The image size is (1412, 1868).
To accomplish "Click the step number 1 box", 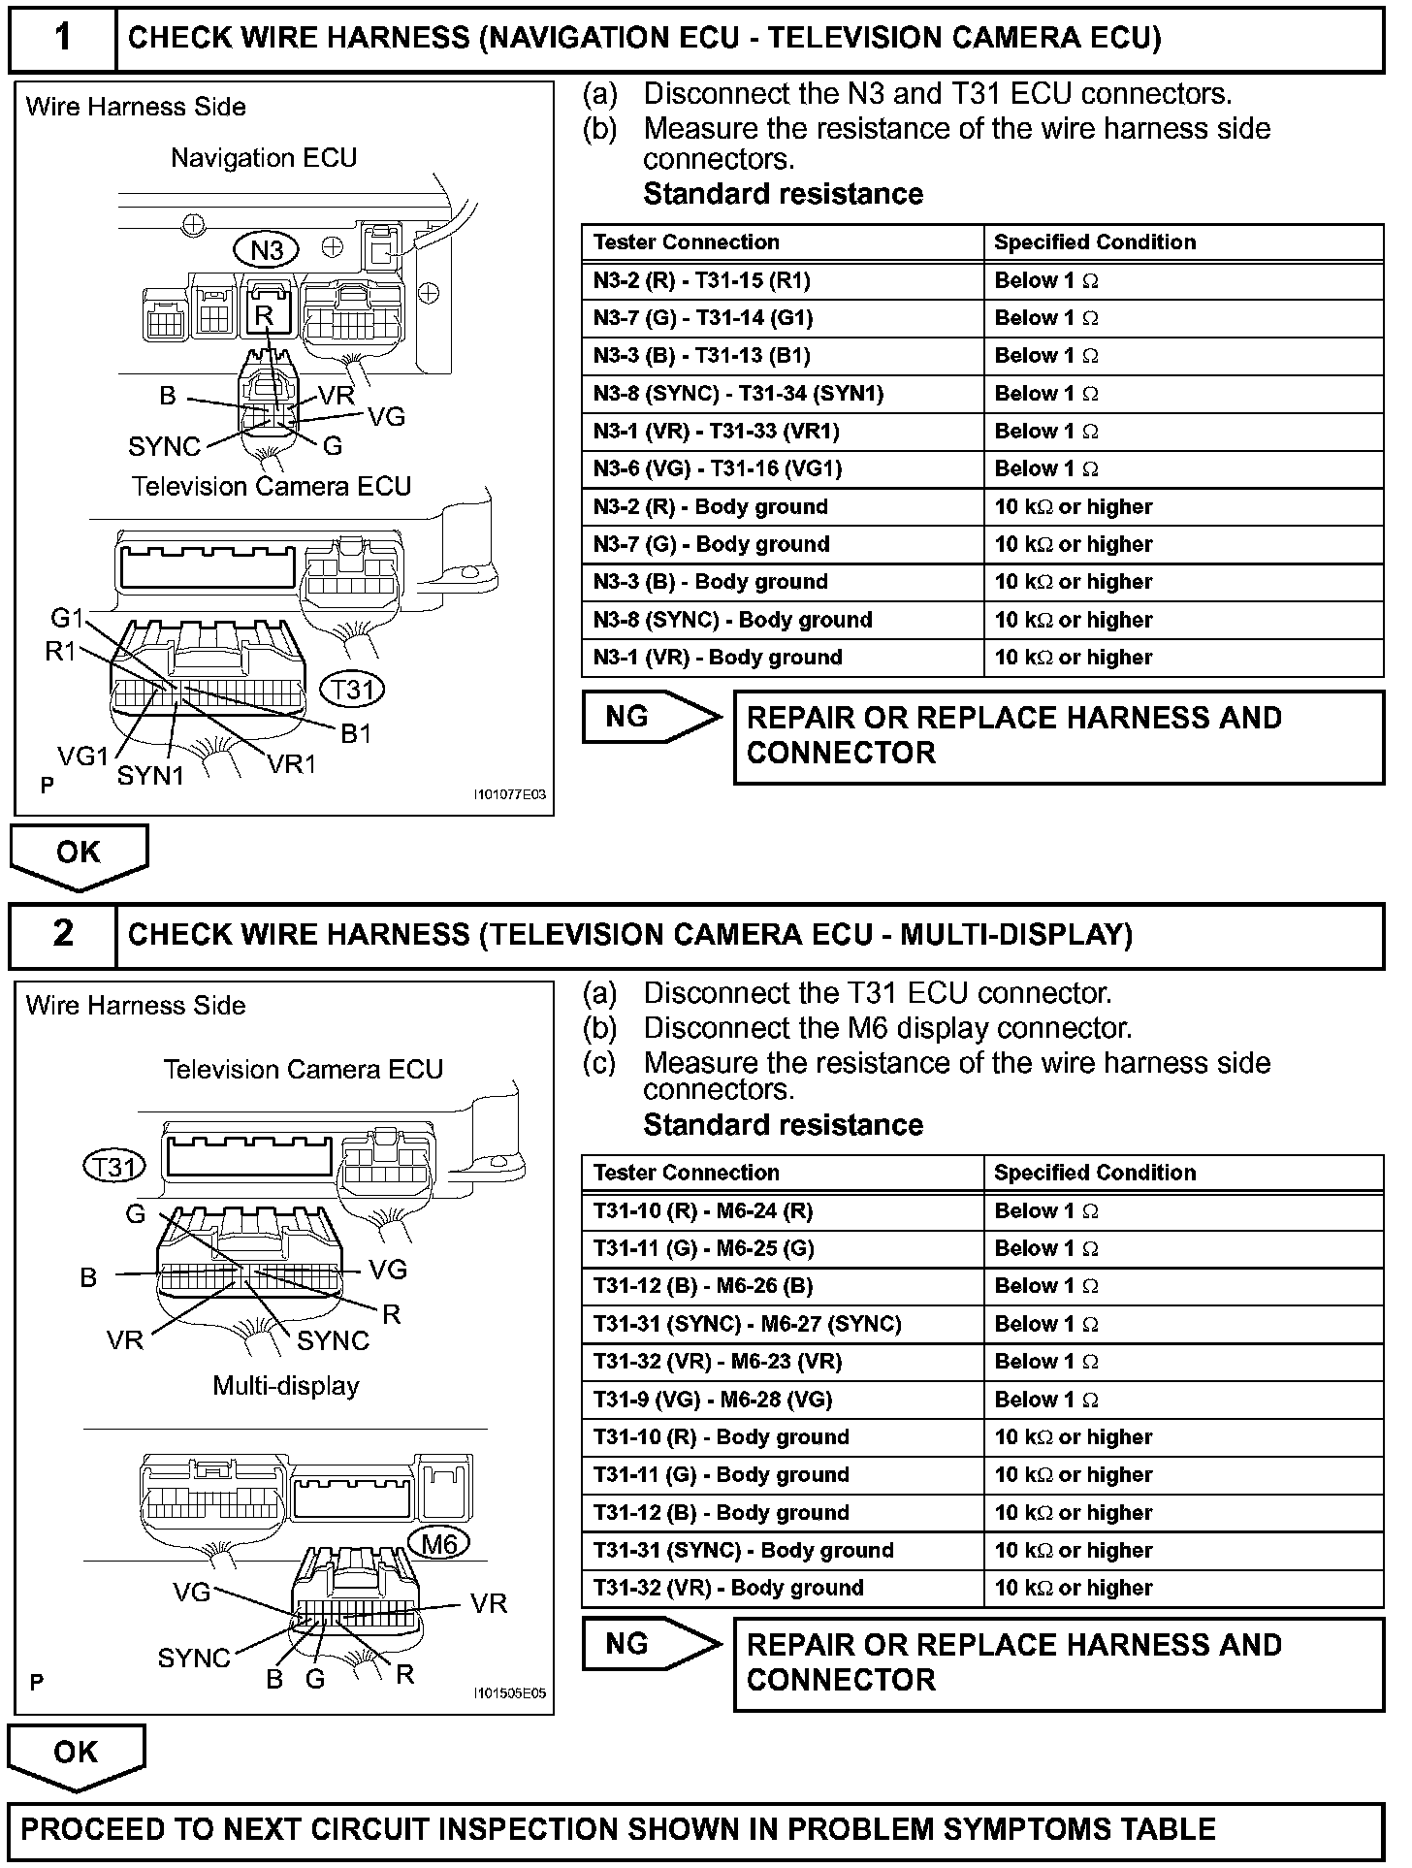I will [x=63, y=38].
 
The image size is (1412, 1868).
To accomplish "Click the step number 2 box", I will [x=63, y=934].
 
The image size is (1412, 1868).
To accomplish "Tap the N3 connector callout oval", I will [x=267, y=250].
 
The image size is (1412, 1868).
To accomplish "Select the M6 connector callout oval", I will [x=439, y=1542].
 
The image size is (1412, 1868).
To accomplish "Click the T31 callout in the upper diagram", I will [x=352, y=690].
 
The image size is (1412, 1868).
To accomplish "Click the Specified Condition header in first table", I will [x=1095, y=242].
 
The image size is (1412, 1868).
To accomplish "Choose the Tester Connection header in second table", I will [x=687, y=1173].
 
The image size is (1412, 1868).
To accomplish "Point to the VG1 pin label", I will [x=82, y=756].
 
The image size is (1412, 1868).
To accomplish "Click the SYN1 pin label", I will [x=150, y=776].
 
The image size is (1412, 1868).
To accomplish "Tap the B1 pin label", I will [x=356, y=734].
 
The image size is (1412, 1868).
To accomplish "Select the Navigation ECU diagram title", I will [x=264, y=158].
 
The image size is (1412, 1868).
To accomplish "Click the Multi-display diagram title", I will [x=286, y=1386].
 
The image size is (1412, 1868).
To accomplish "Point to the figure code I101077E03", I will [x=510, y=795].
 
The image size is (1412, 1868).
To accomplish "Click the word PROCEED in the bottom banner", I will [x=93, y=1829].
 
